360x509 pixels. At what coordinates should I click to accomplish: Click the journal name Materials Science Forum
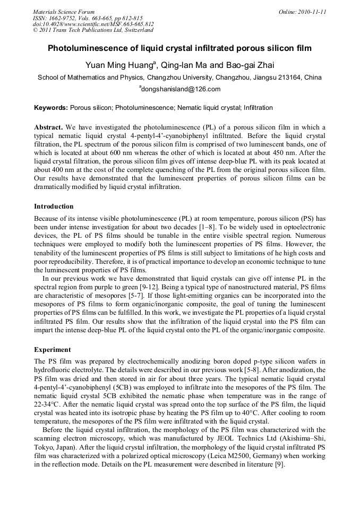[x=64, y=11]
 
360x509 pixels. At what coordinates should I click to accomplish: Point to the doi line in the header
[x=93, y=24]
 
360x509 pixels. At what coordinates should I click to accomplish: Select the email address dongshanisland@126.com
[x=181, y=89]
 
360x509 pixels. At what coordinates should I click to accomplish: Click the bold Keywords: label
[x=51, y=108]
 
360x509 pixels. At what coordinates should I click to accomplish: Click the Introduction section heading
[x=54, y=206]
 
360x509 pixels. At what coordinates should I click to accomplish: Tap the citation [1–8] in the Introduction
[x=218, y=226]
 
